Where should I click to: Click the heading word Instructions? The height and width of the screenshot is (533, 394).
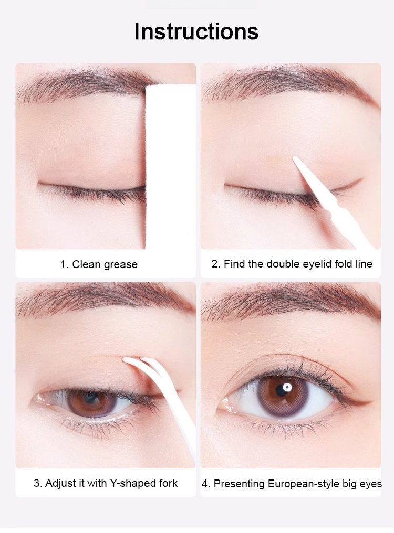click(196, 31)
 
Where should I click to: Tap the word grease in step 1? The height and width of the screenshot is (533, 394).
click(120, 265)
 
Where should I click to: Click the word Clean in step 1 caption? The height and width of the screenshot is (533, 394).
click(86, 264)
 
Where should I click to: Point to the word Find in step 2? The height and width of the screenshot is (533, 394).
click(235, 264)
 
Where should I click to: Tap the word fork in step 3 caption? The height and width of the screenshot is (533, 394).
click(169, 483)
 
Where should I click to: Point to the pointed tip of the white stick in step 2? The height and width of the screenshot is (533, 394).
click(294, 157)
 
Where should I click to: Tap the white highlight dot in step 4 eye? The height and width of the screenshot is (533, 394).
click(287, 387)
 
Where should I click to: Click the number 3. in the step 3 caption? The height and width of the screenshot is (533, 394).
click(37, 483)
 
